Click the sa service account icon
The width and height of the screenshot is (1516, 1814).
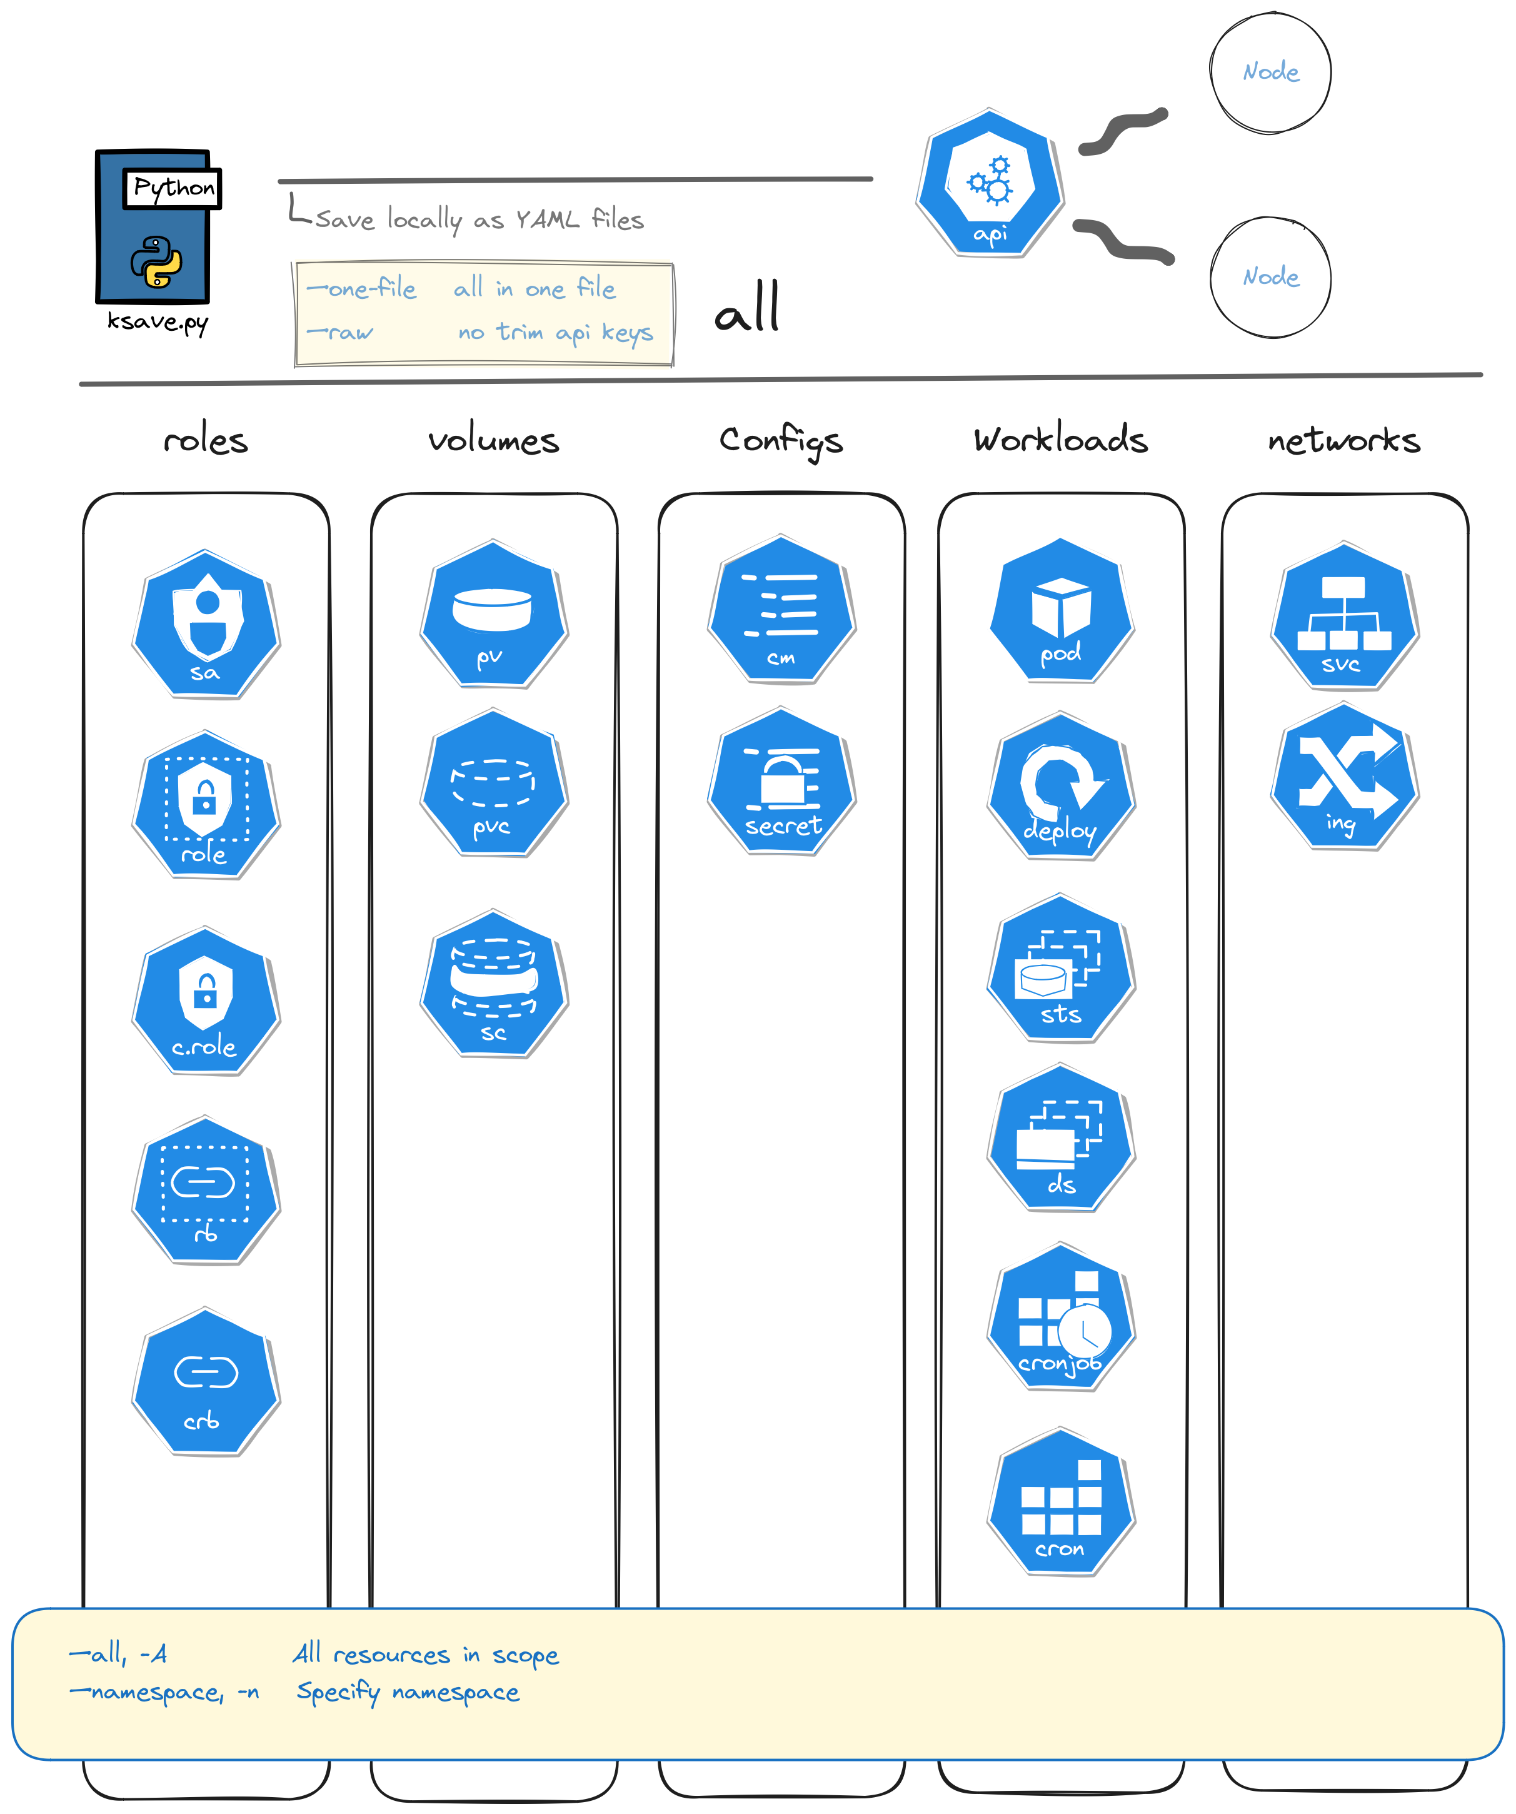(x=206, y=623)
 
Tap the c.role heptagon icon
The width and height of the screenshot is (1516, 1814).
(x=206, y=1001)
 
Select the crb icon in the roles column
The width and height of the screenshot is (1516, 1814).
(x=206, y=1381)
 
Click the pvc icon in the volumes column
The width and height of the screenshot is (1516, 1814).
(x=493, y=784)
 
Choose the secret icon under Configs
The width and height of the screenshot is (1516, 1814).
(x=781, y=782)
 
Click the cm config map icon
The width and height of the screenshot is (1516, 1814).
(x=781, y=610)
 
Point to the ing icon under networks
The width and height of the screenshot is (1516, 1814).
(x=1344, y=777)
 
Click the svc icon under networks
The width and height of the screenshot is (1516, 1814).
(x=1344, y=616)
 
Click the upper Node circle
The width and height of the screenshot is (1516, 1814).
(x=1270, y=73)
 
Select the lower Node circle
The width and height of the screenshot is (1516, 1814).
(x=1270, y=277)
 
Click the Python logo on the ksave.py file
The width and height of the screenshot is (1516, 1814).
(x=156, y=261)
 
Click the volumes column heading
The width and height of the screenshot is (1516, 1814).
(x=493, y=441)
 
